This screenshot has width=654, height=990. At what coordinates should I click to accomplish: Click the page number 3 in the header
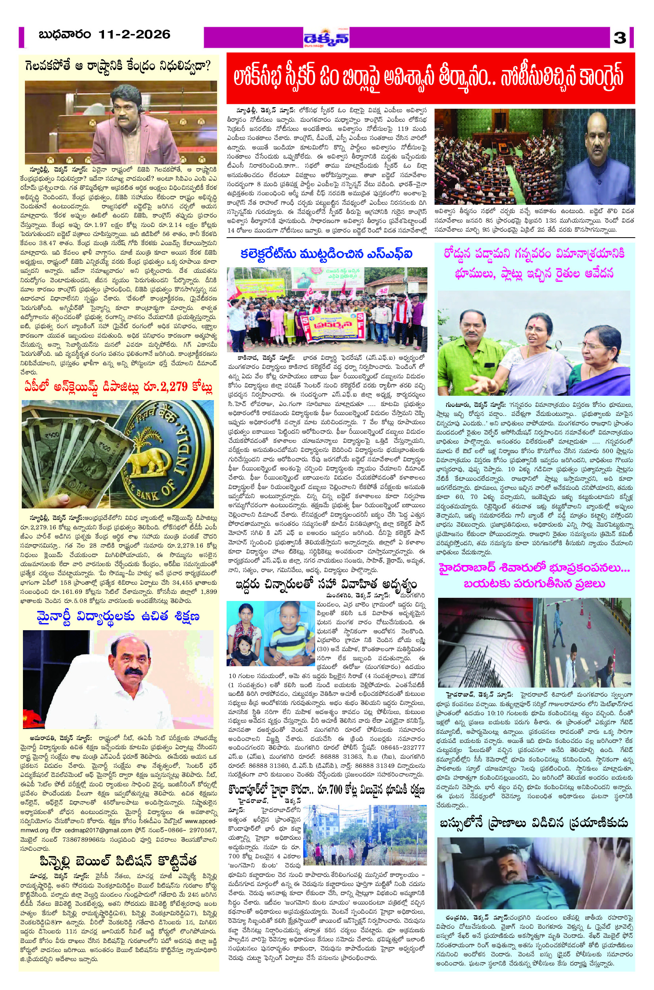pyautogui.click(x=620, y=38)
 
